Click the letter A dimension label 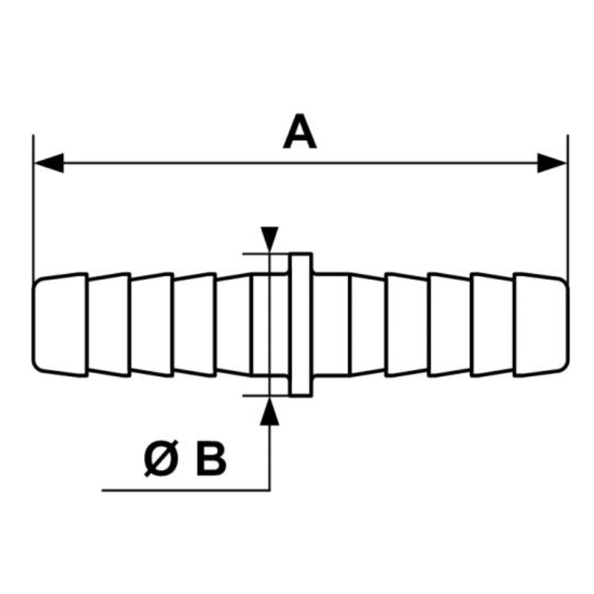click(300, 131)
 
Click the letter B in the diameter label click(211, 459)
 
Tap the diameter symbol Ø click(161, 458)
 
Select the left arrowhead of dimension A click(49, 163)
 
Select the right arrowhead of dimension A click(552, 163)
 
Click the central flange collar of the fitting click(301, 324)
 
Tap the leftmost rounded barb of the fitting click(60, 324)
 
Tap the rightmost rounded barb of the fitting click(541, 324)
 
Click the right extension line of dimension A click(567, 208)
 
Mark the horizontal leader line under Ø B click(186, 491)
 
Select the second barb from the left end click(109, 324)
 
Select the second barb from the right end click(492, 324)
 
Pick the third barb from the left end click(152, 324)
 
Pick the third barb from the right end click(449, 324)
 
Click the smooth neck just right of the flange click(331, 324)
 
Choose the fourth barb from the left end click(195, 324)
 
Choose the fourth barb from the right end click(406, 324)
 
